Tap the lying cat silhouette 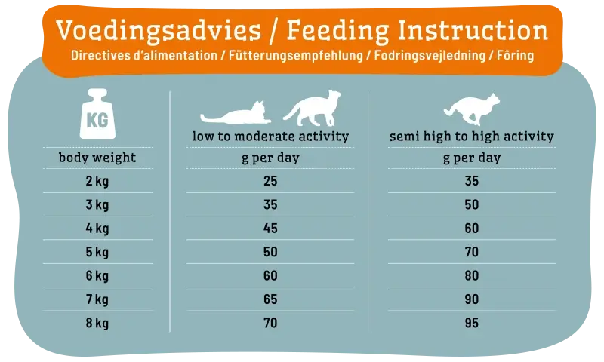coord(236,114)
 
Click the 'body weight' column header coord(97,158)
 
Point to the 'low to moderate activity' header coord(270,137)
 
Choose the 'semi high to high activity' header coord(471,137)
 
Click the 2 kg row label coord(97,181)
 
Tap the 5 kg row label coord(97,252)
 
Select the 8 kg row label coord(97,323)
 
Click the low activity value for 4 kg coord(270,229)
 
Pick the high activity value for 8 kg coord(471,323)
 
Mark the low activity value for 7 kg coord(270,299)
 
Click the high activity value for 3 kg coord(471,205)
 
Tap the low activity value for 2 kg coord(270,181)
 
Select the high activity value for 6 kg coord(471,276)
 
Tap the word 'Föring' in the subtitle coord(516,57)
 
